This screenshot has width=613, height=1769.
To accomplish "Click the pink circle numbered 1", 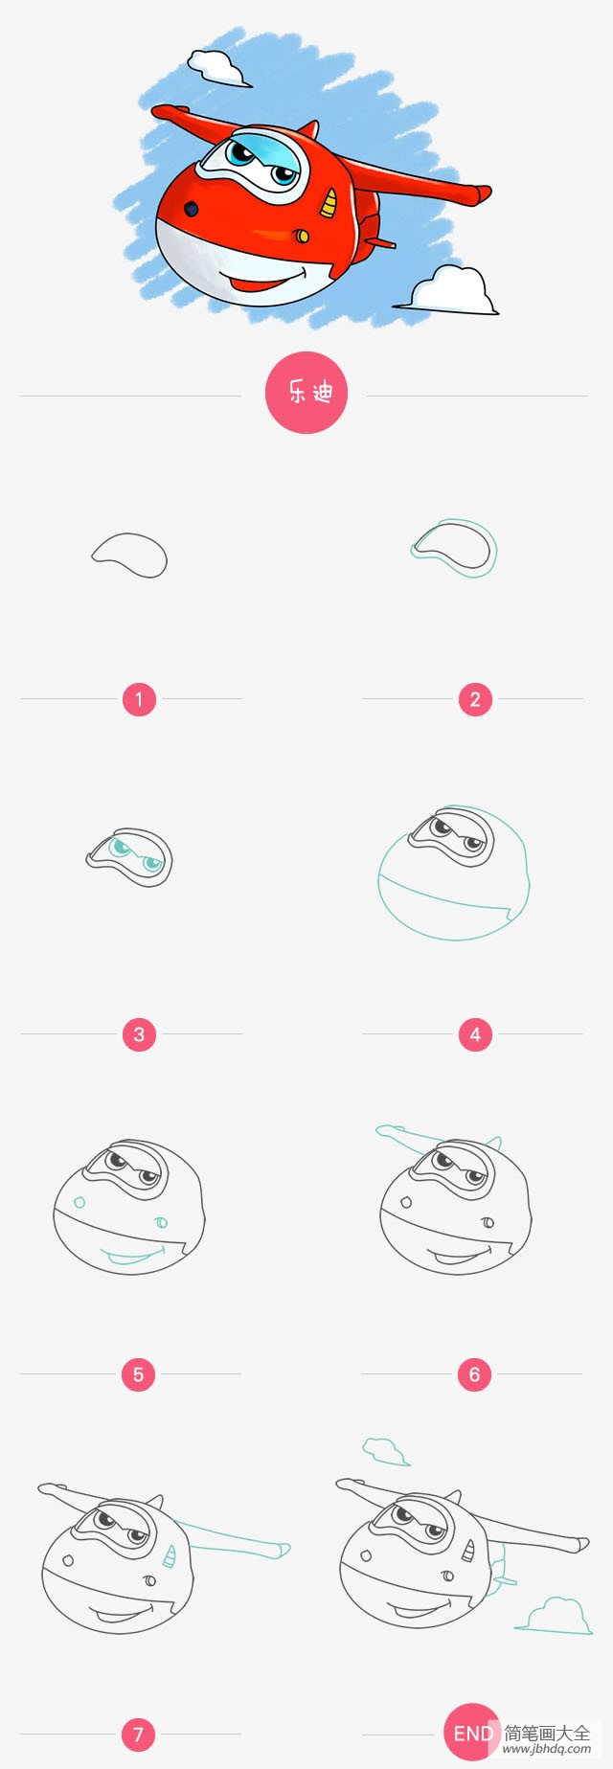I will tap(139, 699).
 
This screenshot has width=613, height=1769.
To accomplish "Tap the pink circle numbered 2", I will tap(475, 699).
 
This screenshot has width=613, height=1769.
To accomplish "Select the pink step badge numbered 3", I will tap(139, 1034).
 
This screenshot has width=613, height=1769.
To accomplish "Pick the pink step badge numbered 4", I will tap(475, 1034).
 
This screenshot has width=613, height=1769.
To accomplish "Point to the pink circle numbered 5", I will tap(138, 1374).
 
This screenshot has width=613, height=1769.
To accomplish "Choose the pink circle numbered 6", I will tap(474, 1374).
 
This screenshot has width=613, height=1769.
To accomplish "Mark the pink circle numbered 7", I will tap(138, 1734).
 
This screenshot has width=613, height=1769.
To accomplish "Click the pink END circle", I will tap(471, 1733).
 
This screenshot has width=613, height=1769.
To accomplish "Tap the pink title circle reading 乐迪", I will tap(306, 393).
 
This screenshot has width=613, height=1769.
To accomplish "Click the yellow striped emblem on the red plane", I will tap(329, 202).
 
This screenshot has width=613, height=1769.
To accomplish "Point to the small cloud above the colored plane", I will tap(216, 66).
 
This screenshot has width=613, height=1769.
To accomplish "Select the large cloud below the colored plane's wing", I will tap(451, 290).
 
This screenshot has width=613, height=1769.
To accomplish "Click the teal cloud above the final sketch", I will tap(386, 1451).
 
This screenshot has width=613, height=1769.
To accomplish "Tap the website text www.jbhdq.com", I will tap(547, 1749).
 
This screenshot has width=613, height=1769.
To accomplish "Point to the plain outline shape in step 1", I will tap(130, 556).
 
